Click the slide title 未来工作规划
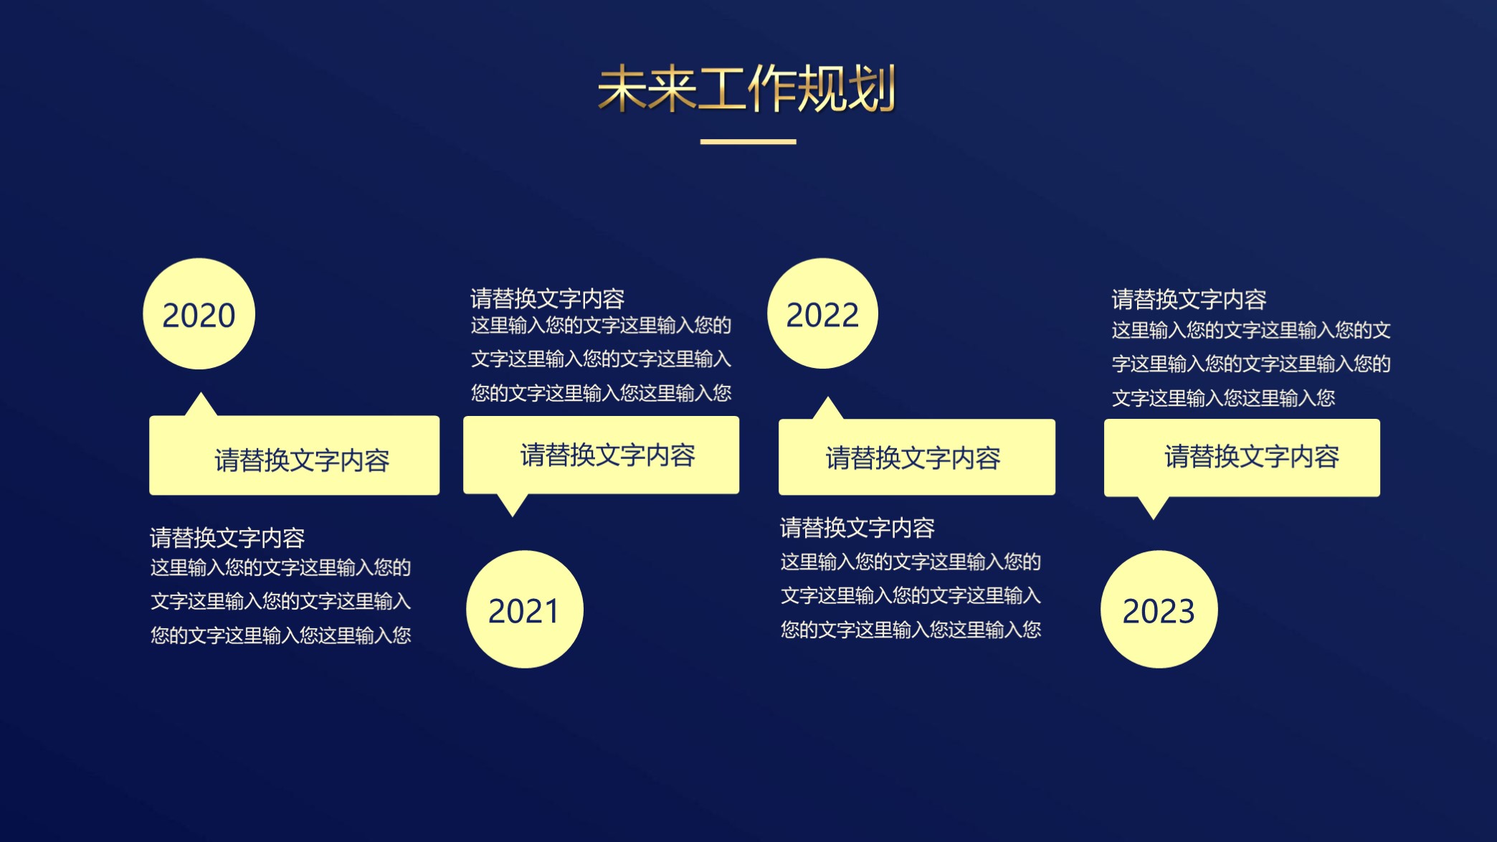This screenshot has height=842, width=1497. tap(747, 89)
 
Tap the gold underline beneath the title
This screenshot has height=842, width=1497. tap(748, 142)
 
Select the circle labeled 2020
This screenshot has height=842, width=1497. tap(199, 314)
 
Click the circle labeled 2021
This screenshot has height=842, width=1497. tap(524, 610)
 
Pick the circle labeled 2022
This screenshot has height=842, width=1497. tap(822, 314)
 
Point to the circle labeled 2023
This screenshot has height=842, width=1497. tap(1159, 610)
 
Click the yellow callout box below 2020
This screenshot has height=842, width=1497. tap(294, 456)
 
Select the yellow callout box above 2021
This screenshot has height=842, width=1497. tap(601, 455)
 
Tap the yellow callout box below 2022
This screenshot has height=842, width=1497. tap(916, 458)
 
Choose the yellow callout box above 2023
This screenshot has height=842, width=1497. tap(1242, 458)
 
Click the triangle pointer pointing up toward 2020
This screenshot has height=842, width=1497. tap(201, 406)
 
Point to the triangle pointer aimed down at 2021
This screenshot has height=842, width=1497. tap(513, 503)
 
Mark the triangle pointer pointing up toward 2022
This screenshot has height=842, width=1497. tap(828, 410)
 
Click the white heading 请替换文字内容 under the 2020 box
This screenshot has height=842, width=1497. tap(227, 538)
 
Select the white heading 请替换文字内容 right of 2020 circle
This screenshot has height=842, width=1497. tap(547, 298)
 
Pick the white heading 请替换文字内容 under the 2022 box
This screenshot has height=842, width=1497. tap(857, 528)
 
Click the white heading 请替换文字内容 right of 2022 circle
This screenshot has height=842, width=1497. tap(1189, 299)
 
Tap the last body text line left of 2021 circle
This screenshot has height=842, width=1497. tap(280, 635)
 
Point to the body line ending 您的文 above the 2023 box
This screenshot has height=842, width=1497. tap(1251, 331)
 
